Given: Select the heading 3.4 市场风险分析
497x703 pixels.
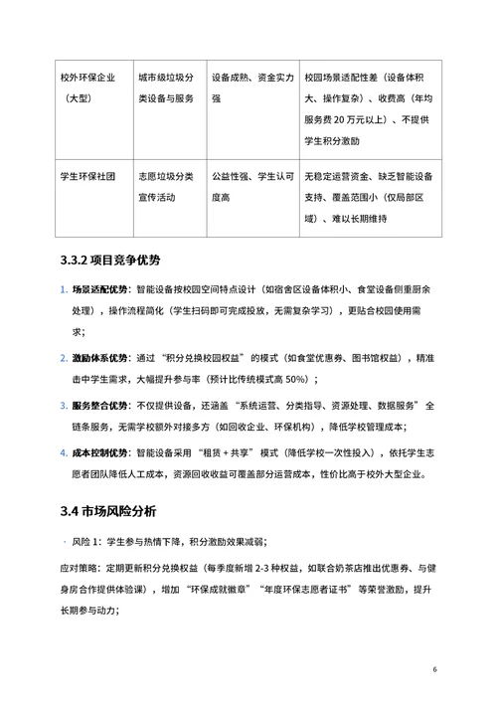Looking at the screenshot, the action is coord(107,511).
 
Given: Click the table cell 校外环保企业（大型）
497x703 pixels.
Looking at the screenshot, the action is coord(90,88).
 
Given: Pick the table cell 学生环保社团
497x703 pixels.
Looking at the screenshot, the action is coord(90,176).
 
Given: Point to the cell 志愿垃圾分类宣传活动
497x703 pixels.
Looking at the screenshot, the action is coord(166,187).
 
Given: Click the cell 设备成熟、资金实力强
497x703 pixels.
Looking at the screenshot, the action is coord(252,88).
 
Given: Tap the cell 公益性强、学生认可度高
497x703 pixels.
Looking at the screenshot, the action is coord(252,187).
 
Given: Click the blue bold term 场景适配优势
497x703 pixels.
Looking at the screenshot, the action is coord(99,290).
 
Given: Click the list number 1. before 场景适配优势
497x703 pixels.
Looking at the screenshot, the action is coord(62,290).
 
